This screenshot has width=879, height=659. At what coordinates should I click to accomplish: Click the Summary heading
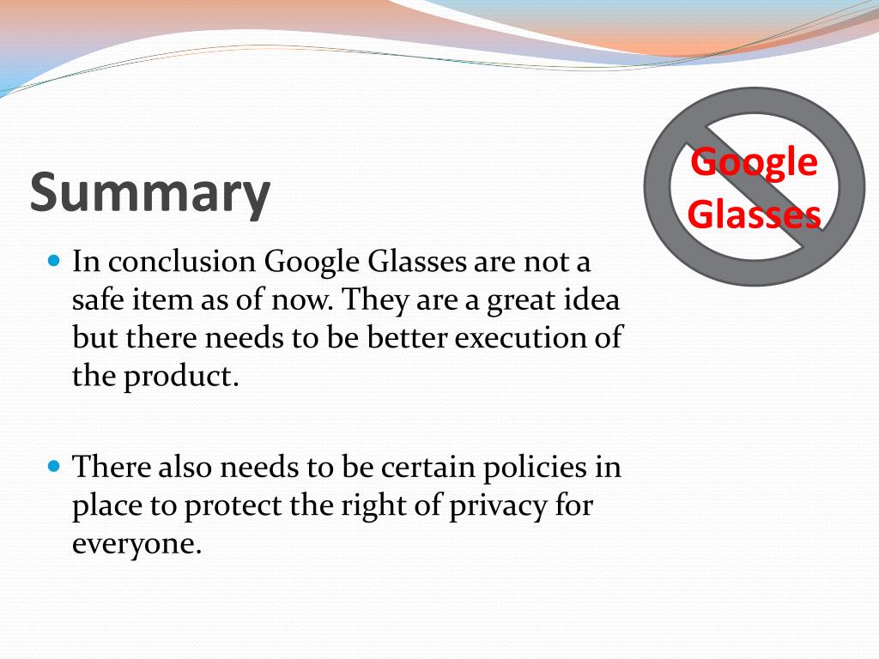(150, 193)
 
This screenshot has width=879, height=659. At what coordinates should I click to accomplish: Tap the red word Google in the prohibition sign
(755, 162)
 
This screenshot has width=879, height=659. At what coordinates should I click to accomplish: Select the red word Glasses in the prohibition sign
(755, 215)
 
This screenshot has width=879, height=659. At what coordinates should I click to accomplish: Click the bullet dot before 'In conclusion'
(54, 259)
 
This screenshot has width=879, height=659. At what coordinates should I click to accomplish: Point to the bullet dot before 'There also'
(54, 468)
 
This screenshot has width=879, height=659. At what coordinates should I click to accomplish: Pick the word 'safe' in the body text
(97, 300)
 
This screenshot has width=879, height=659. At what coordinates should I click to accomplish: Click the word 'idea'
(591, 300)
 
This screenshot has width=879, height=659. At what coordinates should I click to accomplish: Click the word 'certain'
(426, 468)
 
